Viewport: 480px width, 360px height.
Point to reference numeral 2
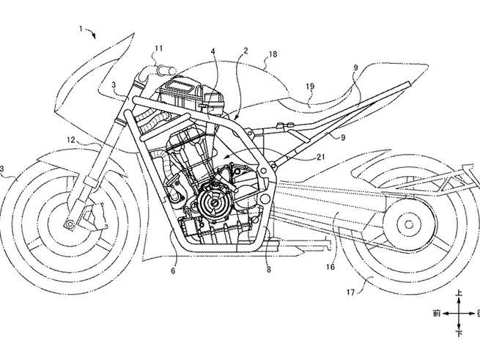247,51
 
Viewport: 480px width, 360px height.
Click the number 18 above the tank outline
273,54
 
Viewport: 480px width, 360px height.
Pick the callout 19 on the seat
310,87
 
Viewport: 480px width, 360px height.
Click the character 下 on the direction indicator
459,334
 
